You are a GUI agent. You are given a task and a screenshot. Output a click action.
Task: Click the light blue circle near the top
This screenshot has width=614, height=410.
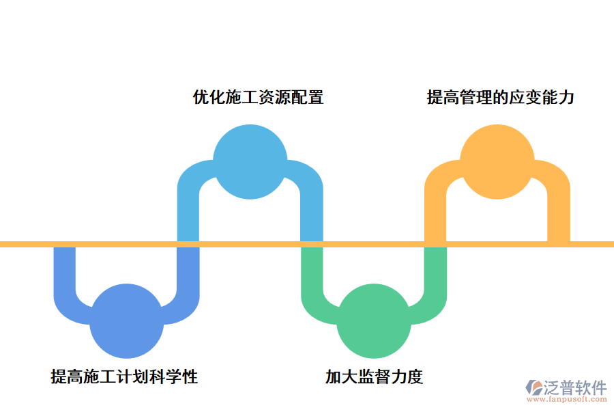(250, 162)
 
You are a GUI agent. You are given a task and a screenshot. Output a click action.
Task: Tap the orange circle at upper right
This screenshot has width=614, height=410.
(497, 162)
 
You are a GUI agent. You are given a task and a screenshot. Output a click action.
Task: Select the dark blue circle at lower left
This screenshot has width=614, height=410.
(126, 322)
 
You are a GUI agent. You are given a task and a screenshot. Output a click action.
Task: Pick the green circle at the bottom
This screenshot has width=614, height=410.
(374, 322)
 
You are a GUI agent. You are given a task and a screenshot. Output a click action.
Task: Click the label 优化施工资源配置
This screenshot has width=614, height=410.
(258, 97)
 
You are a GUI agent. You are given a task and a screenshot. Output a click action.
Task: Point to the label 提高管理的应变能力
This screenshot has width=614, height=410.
(501, 97)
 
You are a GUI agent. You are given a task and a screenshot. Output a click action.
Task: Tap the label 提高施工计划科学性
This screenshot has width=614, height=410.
(124, 377)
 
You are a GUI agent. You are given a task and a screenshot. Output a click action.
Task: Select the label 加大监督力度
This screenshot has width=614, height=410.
(374, 377)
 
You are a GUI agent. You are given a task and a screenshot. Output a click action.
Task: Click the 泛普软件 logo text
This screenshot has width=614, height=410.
(575, 387)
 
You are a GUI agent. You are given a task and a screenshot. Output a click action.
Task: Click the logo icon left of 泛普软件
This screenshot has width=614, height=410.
(533, 389)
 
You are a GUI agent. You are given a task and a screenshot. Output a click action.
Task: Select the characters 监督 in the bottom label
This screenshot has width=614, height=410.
(374, 377)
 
